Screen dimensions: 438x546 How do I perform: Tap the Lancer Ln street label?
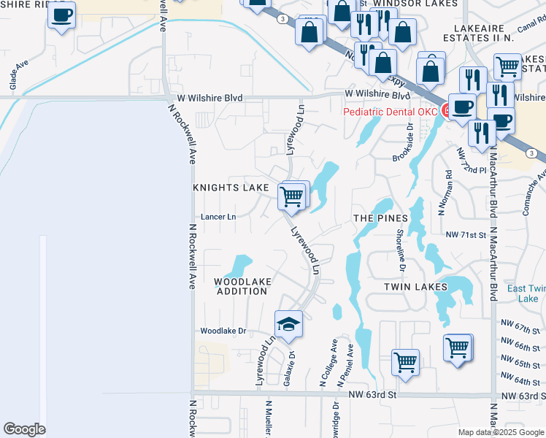218,217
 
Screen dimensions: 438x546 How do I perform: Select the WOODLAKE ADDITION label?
242,286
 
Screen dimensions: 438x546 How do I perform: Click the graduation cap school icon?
288,323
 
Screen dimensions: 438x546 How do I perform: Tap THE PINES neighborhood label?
379,218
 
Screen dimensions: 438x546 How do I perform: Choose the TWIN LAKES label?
415,287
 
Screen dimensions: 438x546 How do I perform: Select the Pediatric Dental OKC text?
391,112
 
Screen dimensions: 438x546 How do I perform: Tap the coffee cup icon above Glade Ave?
62,14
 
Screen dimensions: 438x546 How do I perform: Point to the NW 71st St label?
466,235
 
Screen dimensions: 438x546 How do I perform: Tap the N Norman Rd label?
444,193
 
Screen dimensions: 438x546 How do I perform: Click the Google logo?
24,429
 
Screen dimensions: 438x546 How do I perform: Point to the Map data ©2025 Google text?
501,432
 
